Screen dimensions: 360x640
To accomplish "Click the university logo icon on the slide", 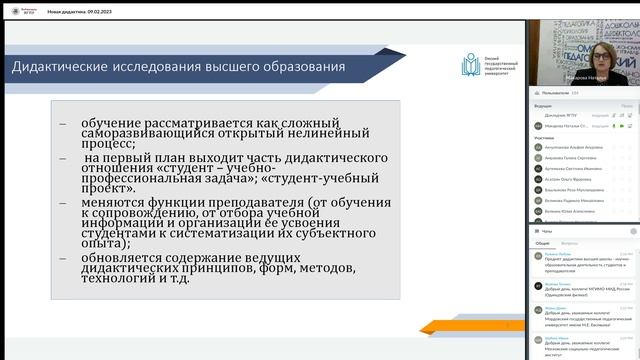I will pyautogui.click(x=469, y=66).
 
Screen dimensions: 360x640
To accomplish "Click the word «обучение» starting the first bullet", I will pyautogui.click(x=115, y=121).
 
